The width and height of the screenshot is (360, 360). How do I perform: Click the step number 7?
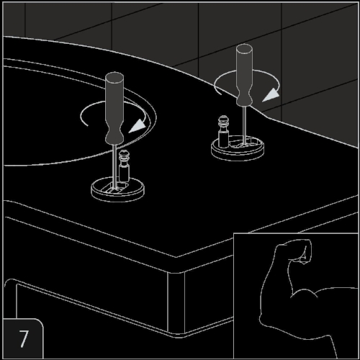point(24,338)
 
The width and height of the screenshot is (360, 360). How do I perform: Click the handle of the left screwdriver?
point(114,108)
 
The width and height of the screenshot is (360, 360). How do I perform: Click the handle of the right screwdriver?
point(244,75)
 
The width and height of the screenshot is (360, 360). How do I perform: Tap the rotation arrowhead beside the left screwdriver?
point(138,126)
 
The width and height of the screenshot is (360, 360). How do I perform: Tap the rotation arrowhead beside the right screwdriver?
point(271,95)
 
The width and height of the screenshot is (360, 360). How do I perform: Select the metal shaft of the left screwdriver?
point(115,166)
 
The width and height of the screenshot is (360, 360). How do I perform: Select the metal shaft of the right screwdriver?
point(244,125)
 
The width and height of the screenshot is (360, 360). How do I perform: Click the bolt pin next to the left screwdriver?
point(124,166)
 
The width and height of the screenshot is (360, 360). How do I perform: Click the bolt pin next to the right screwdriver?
point(223,132)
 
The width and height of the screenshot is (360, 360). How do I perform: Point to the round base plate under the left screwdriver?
point(117,192)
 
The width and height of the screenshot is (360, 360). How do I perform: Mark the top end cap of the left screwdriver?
point(114,77)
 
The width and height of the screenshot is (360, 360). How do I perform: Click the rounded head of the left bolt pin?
point(124,154)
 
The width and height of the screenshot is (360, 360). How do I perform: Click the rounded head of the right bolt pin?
point(223,120)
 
